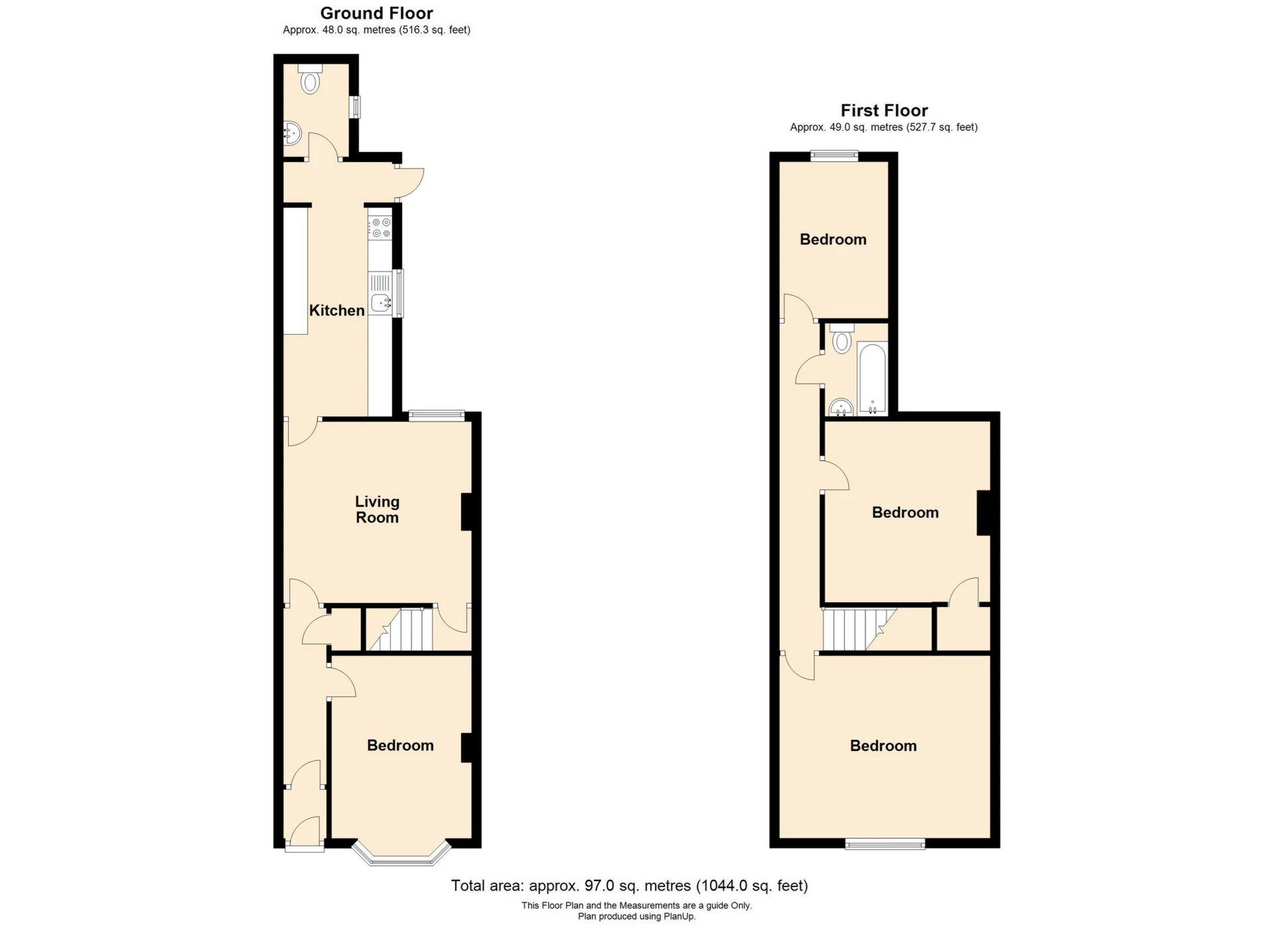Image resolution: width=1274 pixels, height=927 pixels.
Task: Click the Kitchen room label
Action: tap(336, 310)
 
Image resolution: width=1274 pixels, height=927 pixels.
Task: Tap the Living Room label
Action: tap(377, 509)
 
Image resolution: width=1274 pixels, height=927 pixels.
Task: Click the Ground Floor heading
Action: tap(376, 13)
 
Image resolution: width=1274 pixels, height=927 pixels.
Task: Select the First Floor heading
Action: tap(884, 110)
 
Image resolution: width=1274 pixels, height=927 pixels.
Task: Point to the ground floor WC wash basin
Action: tap(292, 133)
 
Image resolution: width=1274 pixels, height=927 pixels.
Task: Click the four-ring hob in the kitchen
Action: tap(381, 228)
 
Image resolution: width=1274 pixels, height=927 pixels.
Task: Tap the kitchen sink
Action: tap(381, 302)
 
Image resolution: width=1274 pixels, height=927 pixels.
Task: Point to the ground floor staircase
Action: tap(400, 630)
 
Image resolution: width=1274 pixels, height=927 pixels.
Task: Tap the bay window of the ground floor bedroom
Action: tap(401, 857)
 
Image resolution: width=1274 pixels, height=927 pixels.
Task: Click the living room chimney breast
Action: tap(466, 511)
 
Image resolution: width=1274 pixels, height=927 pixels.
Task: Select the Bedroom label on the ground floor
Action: tap(400, 745)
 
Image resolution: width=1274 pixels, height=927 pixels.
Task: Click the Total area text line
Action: tap(629, 885)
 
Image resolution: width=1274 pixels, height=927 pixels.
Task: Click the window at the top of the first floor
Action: tap(834, 156)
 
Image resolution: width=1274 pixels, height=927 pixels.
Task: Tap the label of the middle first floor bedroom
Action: tap(905, 512)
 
